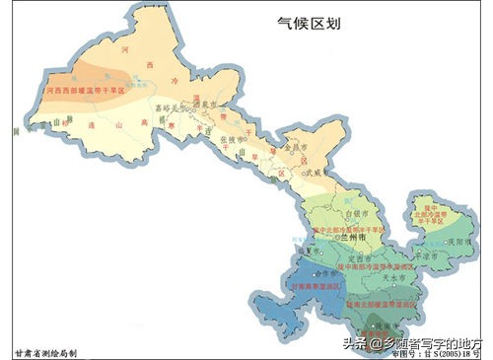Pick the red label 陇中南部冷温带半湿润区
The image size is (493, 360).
click(388, 266)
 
